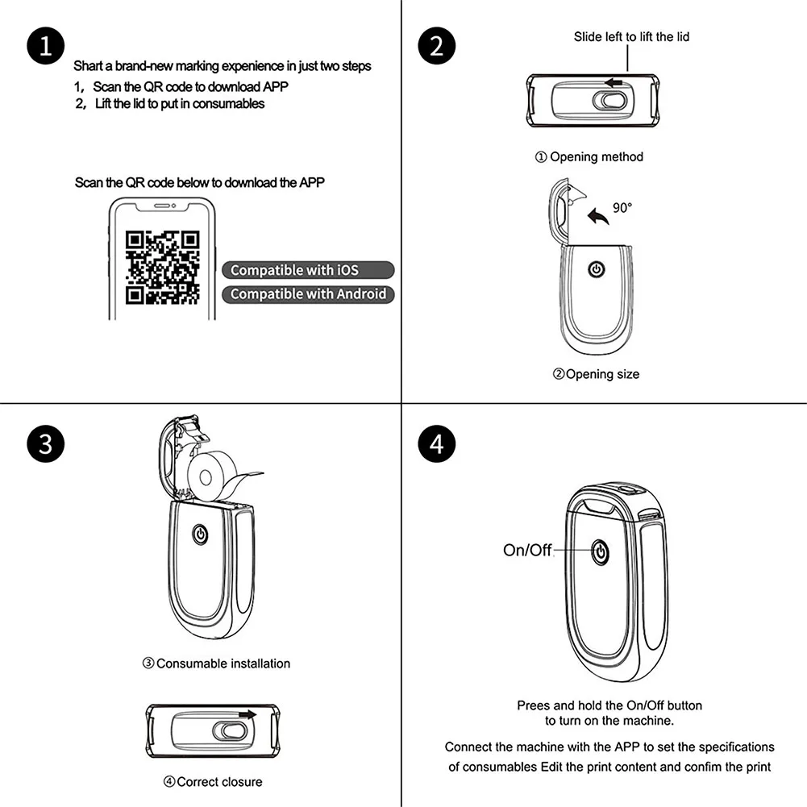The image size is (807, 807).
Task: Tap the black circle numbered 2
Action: (437, 46)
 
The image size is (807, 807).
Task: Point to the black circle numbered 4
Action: (437, 445)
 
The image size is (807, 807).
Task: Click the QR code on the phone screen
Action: (163, 267)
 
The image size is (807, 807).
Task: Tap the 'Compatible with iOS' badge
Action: (308, 270)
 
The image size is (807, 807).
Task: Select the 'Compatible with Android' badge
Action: (308, 294)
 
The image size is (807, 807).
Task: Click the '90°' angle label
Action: (622, 208)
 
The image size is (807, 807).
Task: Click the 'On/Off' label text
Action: (527, 551)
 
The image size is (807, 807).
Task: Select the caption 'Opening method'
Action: (589, 157)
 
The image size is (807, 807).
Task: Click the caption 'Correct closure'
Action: (214, 781)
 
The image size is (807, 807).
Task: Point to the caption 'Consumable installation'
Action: (216, 663)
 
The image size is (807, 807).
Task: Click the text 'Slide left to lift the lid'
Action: (631, 36)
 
